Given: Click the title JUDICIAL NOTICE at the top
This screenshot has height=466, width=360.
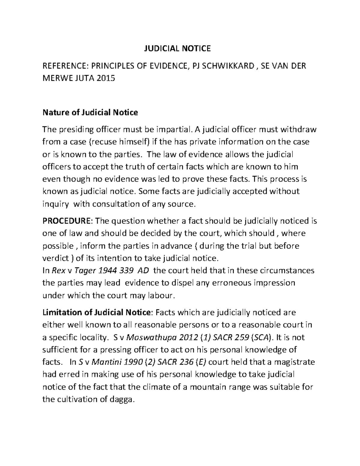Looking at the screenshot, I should tap(176, 48).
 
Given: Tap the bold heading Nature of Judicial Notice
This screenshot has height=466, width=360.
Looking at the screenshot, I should tap(90, 113).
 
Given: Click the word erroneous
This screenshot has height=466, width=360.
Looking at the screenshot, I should tap(229, 283).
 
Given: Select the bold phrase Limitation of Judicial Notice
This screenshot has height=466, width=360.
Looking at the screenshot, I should tap(96, 312).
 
